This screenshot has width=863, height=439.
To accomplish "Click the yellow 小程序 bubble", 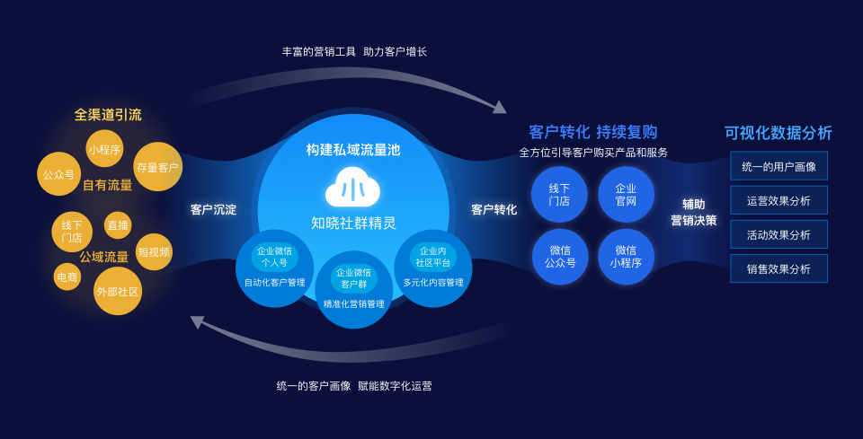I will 104,149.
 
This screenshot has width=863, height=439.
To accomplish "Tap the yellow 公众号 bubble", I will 59,174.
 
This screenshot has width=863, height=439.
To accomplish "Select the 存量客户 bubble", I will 157,167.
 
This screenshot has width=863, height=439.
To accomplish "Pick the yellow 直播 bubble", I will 118,225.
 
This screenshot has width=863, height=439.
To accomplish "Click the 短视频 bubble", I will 154,252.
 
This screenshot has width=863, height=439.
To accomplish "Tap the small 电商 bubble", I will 67,277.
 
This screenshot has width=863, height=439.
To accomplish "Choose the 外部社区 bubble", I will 118,292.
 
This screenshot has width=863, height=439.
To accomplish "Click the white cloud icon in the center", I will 352,188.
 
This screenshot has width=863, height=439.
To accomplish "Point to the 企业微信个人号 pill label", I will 274,257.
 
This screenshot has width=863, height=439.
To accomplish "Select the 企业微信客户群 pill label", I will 353,278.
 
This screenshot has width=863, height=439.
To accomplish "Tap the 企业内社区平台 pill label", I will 432,257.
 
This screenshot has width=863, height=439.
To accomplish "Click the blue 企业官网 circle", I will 626,195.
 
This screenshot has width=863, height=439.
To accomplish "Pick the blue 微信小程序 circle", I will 626,257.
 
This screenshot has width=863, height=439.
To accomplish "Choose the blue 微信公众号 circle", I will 560,257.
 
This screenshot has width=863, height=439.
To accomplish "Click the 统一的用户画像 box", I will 778,166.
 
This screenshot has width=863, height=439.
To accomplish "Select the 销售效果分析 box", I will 778,268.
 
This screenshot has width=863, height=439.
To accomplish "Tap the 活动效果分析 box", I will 778,234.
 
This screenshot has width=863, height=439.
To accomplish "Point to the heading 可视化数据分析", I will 778,133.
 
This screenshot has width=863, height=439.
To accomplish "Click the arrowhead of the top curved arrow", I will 499,107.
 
